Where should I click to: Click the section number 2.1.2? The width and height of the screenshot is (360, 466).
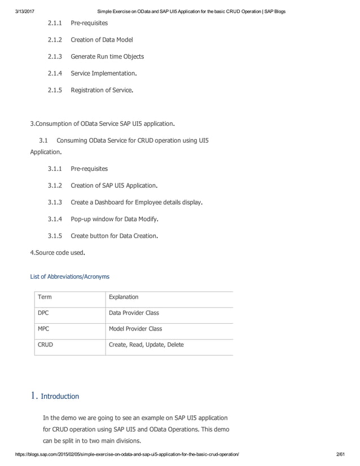point(55,39)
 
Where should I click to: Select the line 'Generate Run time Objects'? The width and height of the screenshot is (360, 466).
point(107,56)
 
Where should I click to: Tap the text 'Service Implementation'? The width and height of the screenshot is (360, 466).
point(103,73)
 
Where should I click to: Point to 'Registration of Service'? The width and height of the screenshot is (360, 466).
point(102,90)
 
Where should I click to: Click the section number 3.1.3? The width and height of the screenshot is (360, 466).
point(55,202)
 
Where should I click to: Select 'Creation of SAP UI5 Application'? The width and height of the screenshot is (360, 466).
point(114,185)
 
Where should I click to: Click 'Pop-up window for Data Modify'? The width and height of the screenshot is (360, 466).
point(115,219)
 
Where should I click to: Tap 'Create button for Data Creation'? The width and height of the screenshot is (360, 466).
point(114,236)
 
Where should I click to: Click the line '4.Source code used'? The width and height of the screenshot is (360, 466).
point(58,253)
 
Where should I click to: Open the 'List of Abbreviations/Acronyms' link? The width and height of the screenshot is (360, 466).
point(69,276)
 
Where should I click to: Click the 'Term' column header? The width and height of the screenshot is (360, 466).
point(45,297)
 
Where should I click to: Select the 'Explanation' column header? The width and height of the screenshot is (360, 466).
point(124,297)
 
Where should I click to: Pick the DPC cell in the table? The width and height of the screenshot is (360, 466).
point(43,313)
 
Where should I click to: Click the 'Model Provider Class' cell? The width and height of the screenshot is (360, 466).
point(135,328)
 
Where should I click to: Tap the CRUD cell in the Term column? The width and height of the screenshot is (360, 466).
point(45,344)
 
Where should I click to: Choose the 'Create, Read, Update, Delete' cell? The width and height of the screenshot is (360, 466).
point(146,344)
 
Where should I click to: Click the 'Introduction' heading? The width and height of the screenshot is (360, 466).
point(60,396)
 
